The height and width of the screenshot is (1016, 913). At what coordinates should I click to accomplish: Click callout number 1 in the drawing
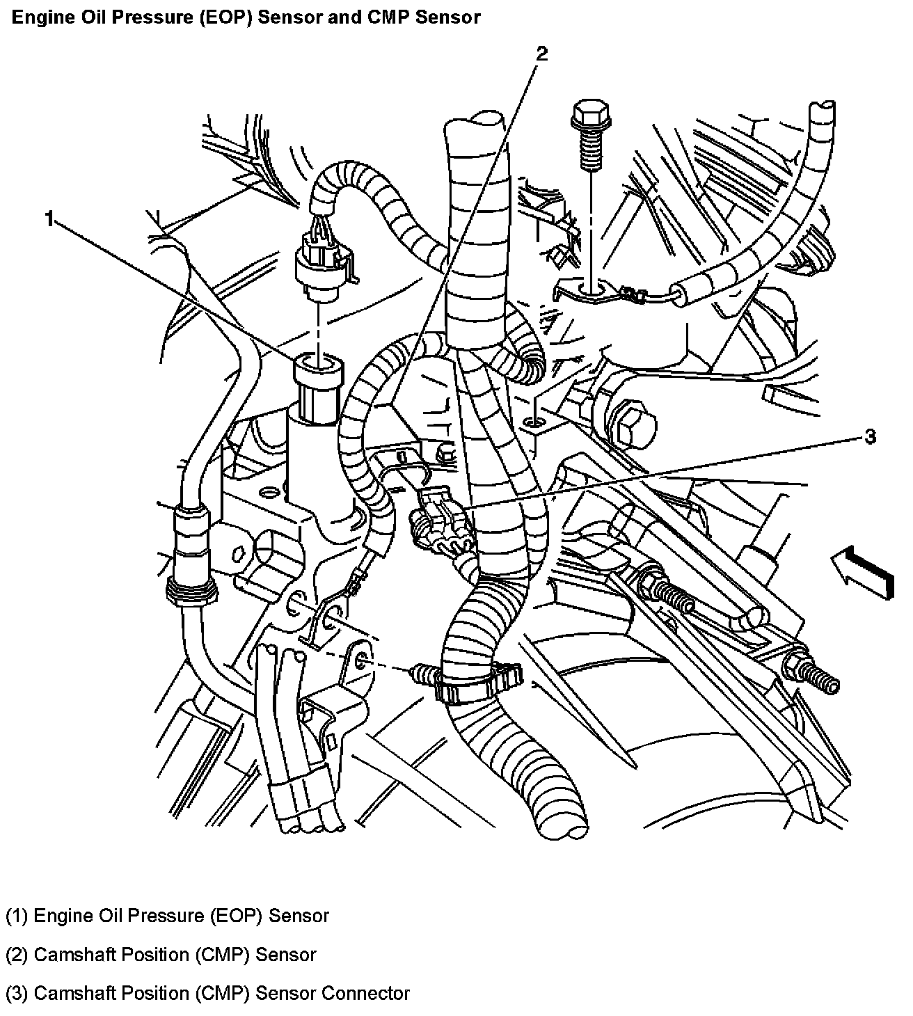[x=49, y=219]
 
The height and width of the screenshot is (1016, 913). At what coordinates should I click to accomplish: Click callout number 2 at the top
[x=541, y=54]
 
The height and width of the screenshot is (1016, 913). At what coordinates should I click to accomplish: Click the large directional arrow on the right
[x=862, y=572]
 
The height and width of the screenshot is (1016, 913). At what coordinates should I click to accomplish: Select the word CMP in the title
[x=388, y=17]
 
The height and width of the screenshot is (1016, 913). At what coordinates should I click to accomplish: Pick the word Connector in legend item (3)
[x=365, y=993]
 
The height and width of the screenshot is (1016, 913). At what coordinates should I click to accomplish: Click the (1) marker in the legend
[x=17, y=916]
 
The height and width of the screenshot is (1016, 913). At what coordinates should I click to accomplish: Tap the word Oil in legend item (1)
[x=110, y=916]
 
